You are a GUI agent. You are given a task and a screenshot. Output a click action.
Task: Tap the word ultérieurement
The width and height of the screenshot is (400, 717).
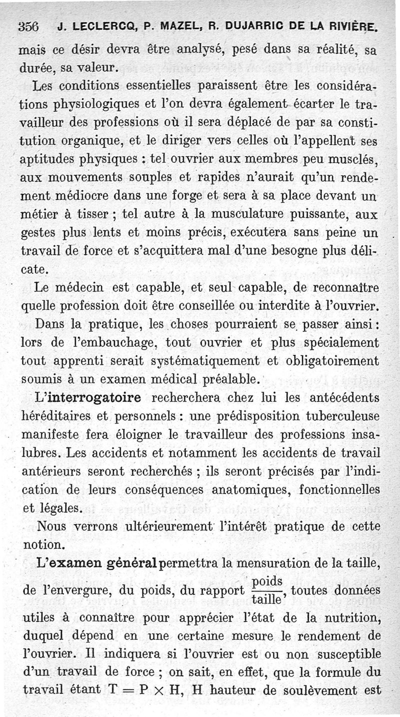(x=156, y=526)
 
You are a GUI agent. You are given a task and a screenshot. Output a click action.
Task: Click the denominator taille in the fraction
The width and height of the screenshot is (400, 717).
(x=265, y=599)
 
